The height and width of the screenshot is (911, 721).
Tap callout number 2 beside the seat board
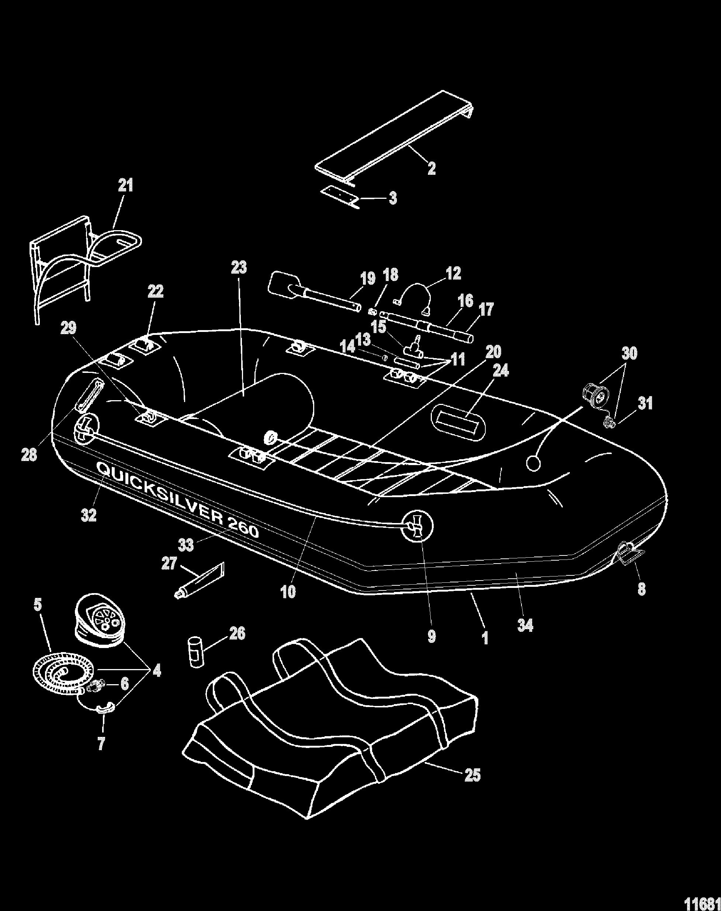point(431,169)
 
